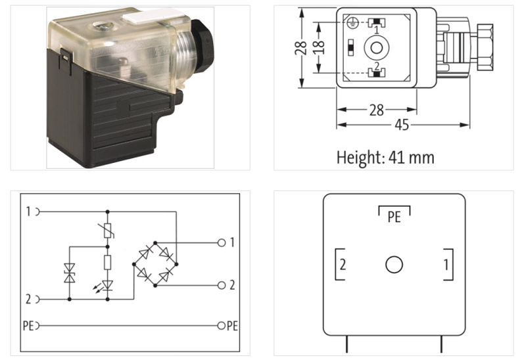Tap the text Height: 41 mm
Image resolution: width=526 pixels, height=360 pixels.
(x=385, y=158)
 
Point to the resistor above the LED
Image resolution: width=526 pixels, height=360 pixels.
(x=108, y=265)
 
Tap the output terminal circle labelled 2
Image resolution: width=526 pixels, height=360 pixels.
(x=221, y=285)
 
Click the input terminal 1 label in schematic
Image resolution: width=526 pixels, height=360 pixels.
(x=28, y=212)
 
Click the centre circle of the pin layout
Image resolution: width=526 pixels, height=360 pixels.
(x=394, y=265)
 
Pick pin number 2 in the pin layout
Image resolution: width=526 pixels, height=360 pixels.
(x=343, y=265)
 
